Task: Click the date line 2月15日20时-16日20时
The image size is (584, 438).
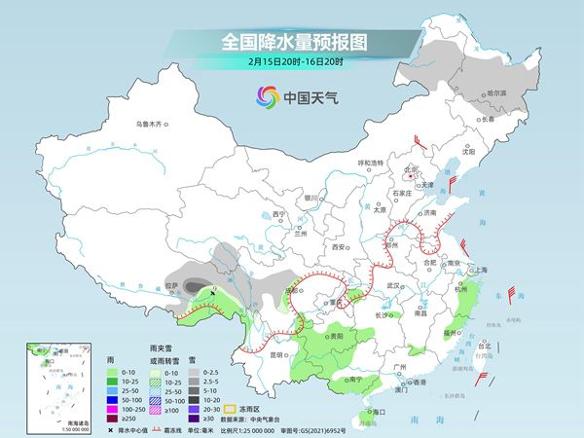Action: click(291, 64)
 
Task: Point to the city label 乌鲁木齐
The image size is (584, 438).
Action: click(153, 124)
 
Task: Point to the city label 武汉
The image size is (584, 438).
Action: click(393, 285)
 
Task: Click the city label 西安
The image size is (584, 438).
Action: click(339, 247)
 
